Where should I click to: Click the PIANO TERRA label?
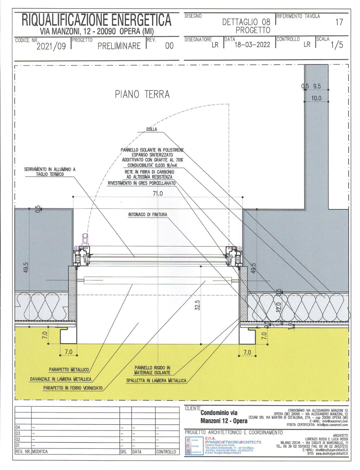pyautogui.click(x=142, y=94)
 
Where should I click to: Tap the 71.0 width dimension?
pyautogui.click(x=158, y=193)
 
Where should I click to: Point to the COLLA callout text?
pyautogui.click(x=152, y=129)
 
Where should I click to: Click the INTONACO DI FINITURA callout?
pyautogui.click(x=148, y=214)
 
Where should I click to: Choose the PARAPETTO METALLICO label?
pyautogui.click(x=69, y=370)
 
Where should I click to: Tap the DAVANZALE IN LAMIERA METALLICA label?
pyautogui.click(x=60, y=379)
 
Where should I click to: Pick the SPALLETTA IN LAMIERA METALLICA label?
pyautogui.click(x=156, y=380)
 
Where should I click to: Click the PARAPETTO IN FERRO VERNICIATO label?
pyautogui.click(x=73, y=388)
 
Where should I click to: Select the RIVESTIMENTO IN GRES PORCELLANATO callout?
pyautogui.click(x=141, y=183)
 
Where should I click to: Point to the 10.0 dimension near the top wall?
pyautogui.click(x=316, y=98)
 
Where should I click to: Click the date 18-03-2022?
pyautogui.click(x=252, y=45)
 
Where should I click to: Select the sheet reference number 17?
pyautogui.click(x=339, y=22)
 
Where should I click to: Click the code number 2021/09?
pyautogui.click(x=51, y=46)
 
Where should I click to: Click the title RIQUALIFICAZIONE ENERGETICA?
pyautogui.click(x=96, y=20)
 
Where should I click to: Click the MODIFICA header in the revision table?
pyautogui.click(x=40, y=451)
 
